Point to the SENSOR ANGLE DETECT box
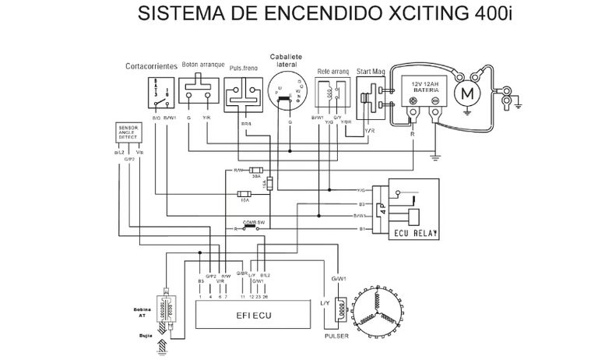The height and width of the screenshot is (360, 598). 129,132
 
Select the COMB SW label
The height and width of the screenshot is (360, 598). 253,222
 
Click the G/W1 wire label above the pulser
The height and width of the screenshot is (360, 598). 339,278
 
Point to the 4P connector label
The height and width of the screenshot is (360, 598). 383,208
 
